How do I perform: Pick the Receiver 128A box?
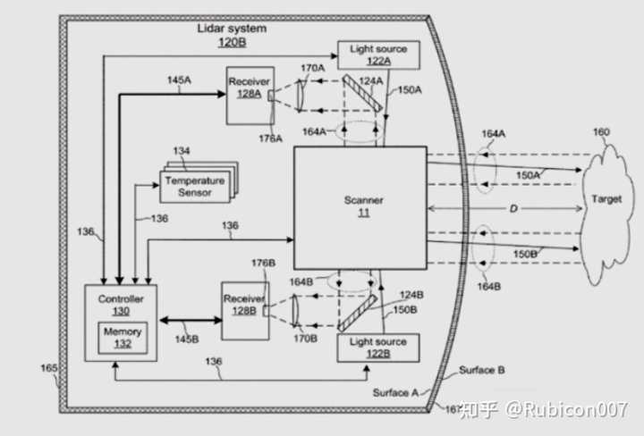coord(249,96)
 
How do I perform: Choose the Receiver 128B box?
coord(244,309)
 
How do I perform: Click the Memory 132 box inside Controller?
coord(122,337)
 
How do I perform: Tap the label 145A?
coord(179,80)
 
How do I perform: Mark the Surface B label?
coord(482,370)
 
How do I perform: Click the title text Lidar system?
coord(232,29)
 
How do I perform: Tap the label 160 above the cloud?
coord(601,133)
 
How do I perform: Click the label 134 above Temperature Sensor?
coord(182,151)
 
